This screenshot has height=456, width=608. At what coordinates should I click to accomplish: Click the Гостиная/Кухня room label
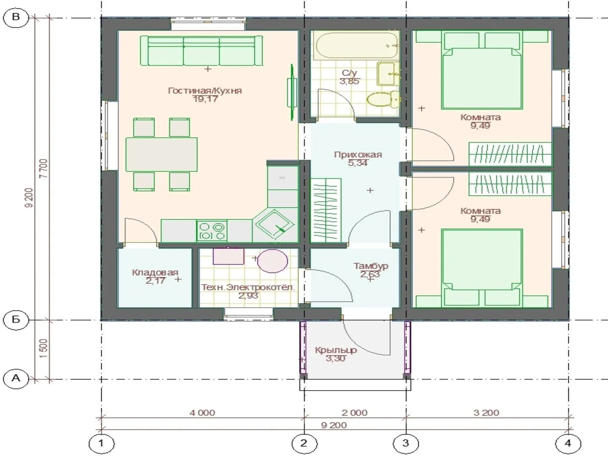pyautogui.click(x=205, y=91)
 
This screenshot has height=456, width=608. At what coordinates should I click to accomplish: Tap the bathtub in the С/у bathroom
pyautogui.click(x=357, y=44)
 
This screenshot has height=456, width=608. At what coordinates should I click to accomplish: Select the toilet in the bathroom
pyautogui.click(x=383, y=99)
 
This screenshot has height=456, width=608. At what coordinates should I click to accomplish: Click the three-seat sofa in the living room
pyautogui.click(x=201, y=50)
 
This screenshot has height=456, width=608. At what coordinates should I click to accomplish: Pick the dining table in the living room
pyautogui.click(x=161, y=155)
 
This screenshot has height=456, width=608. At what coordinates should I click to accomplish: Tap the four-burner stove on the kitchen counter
pyautogui.click(x=212, y=231)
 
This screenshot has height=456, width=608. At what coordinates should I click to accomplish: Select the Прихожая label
pyautogui.click(x=358, y=155)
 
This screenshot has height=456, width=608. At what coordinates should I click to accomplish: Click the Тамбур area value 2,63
pyautogui.click(x=369, y=274)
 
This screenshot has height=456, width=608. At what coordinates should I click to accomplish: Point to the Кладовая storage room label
pyautogui.click(x=155, y=272)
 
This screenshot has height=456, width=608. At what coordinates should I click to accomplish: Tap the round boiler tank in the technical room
pyautogui.click(x=273, y=261)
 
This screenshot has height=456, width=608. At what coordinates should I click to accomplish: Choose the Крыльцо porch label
pyautogui.click(x=336, y=350)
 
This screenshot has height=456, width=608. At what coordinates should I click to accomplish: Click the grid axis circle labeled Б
pyautogui.click(x=16, y=320)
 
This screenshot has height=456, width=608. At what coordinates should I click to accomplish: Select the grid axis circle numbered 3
pyautogui.click(x=406, y=443)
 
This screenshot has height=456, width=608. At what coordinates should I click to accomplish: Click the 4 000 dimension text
pyautogui.click(x=203, y=413)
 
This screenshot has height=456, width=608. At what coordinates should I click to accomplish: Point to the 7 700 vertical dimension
pyautogui.click(x=44, y=168)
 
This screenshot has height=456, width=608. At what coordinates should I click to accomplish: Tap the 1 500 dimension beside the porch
pyautogui.click(x=44, y=348)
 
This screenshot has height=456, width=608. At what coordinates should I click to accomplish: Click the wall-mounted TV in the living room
pyautogui.click(x=292, y=92)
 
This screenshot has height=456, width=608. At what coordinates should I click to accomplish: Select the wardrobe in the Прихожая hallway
pyautogui.click(x=326, y=211)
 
